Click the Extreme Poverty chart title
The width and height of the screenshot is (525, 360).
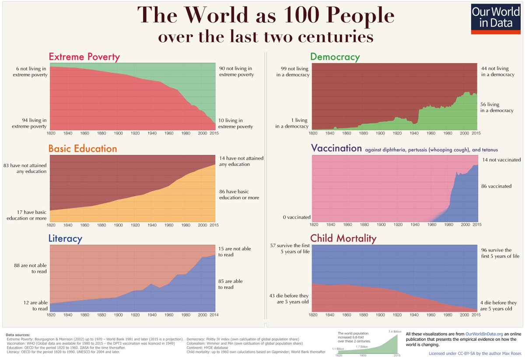tap(84, 57)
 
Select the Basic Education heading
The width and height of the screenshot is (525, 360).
tap(83, 149)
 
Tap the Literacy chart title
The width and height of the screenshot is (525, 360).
tap(65, 239)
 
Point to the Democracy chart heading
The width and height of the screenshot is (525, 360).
tap(335, 57)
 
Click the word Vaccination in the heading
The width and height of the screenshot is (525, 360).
tap(336, 148)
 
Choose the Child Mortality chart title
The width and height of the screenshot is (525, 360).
tap(343, 238)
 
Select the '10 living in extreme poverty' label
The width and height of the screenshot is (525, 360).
tap(236, 123)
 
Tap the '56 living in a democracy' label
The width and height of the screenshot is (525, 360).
tap(497, 107)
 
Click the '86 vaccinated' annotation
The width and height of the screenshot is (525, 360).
tap(496, 186)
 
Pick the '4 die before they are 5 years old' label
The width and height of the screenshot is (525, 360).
tap(498, 305)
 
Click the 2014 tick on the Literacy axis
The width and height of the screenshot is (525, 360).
tap(214, 315)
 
